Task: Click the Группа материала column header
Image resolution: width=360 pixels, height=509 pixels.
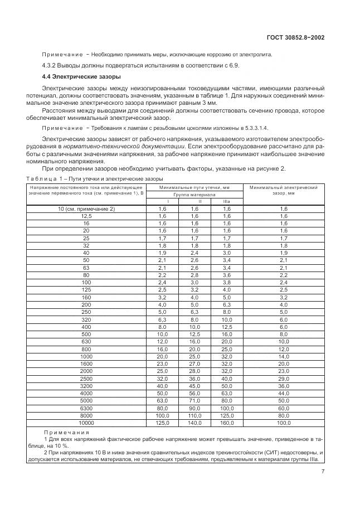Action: click(194, 196)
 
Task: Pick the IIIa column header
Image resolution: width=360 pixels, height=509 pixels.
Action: click(226, 201)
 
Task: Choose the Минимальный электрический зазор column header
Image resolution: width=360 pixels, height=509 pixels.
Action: click(283, 191)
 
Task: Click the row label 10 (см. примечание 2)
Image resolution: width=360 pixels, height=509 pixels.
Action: click(86, 209)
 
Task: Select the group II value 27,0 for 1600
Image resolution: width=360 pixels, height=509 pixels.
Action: click(194, 365)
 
